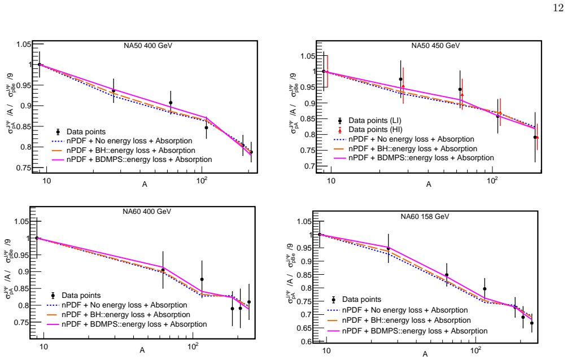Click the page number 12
pos(559,8)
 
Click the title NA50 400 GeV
pos(148,46)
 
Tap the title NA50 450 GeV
pos(435,46)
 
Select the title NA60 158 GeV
pos(425,217)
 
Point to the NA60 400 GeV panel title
pos(146,212)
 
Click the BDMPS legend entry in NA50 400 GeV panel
pos(132,159)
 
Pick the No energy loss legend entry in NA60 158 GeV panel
pos(398,310)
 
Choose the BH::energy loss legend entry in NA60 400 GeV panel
pos(119,314)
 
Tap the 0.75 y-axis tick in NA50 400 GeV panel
pos(24,168)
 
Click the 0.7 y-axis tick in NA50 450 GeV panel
pos(310,166)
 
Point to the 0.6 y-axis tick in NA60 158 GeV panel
pos(306,341)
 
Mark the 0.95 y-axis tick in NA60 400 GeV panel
pos(21,255)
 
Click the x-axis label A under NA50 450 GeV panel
pos(429,185)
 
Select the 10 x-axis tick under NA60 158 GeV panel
pos(326,350)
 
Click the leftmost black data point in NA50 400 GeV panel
pos(40,64)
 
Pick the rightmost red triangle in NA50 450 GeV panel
pos(537,137)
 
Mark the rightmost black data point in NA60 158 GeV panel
pos(531,323)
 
